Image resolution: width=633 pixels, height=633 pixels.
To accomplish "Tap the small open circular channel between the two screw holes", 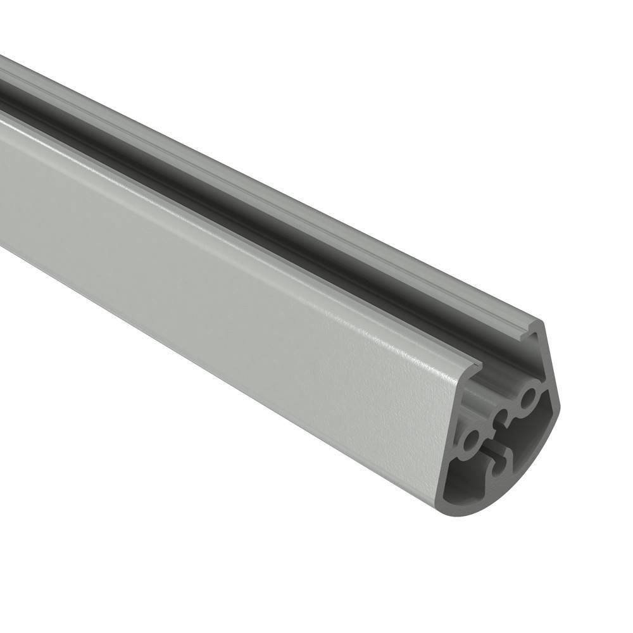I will coord(503,418).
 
